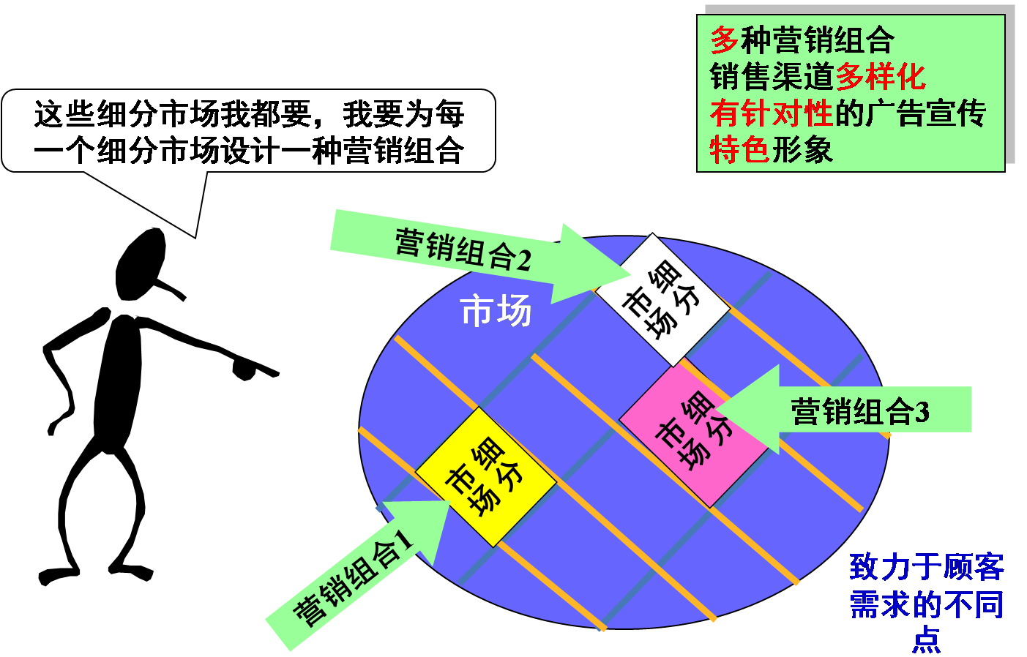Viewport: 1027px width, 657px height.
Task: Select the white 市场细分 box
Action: [x=662, y=299]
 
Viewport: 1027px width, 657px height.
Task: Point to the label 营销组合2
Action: [x=462, y=249]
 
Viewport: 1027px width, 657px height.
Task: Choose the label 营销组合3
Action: [x=860, y=411]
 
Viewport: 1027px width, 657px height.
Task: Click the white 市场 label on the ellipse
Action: [x=496, y=312]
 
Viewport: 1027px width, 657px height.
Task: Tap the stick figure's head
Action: [x=141, y=263]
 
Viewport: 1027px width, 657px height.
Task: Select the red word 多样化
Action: [x=880, y=76]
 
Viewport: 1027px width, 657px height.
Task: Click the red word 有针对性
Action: [x=771, y=113]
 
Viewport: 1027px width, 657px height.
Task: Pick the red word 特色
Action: [x=739, y=150]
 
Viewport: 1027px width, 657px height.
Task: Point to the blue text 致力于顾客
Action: [x=926, y=568]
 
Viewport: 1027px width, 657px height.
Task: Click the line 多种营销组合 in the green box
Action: [x=802, y=40]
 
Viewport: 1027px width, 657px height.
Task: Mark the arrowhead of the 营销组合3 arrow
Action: [x=750, y=410]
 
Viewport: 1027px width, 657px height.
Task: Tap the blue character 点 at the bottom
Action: [x=926, y=639]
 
